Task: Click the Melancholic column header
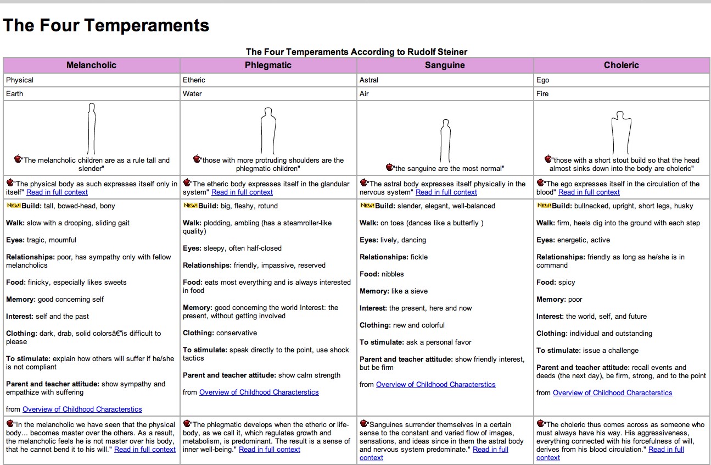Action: [x=91, y=65]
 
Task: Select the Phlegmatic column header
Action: [x=268, y=65]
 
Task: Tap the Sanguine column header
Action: [x=445, y=65]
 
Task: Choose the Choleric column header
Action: [x=622, y=65]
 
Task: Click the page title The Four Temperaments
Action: [x=107, y=25]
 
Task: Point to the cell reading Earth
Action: [x=15, y=93]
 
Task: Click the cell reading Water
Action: [x=192, y=93]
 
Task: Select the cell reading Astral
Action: [x=369, y=80]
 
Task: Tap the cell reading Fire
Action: [x=542, y=93]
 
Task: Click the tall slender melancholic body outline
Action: [x=92, y=129]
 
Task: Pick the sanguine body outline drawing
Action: [x=445, y=141]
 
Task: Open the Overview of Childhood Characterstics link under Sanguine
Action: [x=435, y=385]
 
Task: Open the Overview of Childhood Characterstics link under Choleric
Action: [x=612, y=393]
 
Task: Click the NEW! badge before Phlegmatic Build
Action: [x=190, y=206]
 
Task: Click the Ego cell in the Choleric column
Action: [x=543, y=80]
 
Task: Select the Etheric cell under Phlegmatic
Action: [x=194, y=80]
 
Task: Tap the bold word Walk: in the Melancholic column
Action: [x=16, y=223]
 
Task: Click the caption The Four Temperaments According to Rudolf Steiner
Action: [x=356, y=52]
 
